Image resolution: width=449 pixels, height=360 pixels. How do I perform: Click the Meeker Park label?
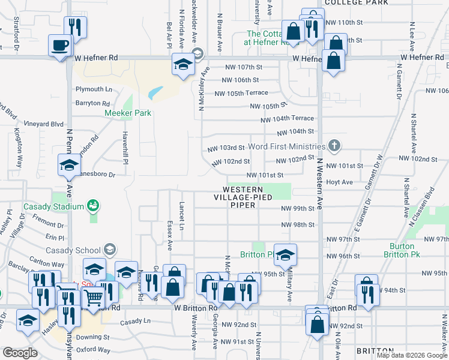[x=128, y=113]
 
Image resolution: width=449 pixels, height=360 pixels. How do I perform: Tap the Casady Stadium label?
[x=53, y=207]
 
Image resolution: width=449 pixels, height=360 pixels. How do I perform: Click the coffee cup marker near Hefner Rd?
[x=59, y=46]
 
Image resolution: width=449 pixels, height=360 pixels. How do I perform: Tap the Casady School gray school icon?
[x=109, y=249]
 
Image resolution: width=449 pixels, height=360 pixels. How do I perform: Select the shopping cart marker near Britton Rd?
[x=92, y=297]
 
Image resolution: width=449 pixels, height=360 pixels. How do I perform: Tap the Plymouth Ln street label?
[x=94, y=89]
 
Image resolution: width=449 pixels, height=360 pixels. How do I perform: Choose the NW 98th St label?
[x=298, y=225]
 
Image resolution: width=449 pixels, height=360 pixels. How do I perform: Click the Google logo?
[x=20, y=353]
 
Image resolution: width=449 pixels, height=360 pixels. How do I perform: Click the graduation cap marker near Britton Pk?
[x=286, y=254]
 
